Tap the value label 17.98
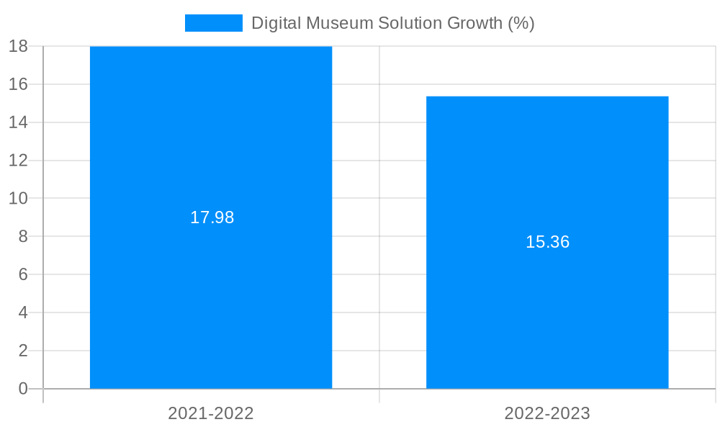212,217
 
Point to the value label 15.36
547,242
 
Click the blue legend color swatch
213,23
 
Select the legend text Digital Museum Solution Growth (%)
392,23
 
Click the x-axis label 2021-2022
211,413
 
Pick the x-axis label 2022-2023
547,413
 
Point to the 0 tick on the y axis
22,389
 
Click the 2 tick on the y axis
22,351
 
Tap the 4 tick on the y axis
22,312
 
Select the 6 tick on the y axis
22,274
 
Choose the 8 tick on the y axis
22,236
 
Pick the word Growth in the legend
474,23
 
